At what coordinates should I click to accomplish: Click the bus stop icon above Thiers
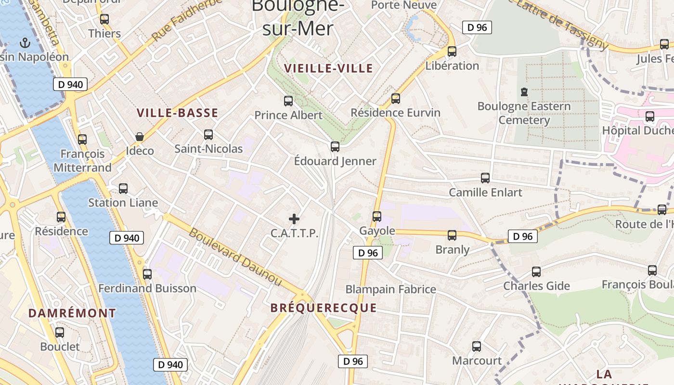(x=104, y=19)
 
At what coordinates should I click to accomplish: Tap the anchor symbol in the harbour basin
(x=24, y=43)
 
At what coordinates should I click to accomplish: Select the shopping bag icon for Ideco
(x=140, y=137)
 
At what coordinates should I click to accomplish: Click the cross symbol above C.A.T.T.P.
(x=294, y=219)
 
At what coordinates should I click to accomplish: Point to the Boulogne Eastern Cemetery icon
(x=524, y=91)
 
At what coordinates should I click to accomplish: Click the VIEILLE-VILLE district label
(x=328, y=68)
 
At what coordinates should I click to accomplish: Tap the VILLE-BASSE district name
(x=177, y=113)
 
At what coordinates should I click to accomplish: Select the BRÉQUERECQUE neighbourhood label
(x=324, y=308)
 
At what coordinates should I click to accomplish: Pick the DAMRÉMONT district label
(x=72, y=313)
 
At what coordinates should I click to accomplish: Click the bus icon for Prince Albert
(x=288, y=101)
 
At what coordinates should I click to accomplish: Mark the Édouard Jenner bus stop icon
(x=335, y=146)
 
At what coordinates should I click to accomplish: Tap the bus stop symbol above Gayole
(x=377, y=217)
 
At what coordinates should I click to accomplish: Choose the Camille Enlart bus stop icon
(x=485, y=178)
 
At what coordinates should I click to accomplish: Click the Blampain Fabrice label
(x=391, y=289)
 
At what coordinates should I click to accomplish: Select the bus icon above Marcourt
(x=477, y=346)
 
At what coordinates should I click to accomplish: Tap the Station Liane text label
(x=123, y=203)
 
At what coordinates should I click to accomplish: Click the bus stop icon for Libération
(x=452, y=51)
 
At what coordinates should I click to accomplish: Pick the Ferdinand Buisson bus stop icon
(x=147, y=274)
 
